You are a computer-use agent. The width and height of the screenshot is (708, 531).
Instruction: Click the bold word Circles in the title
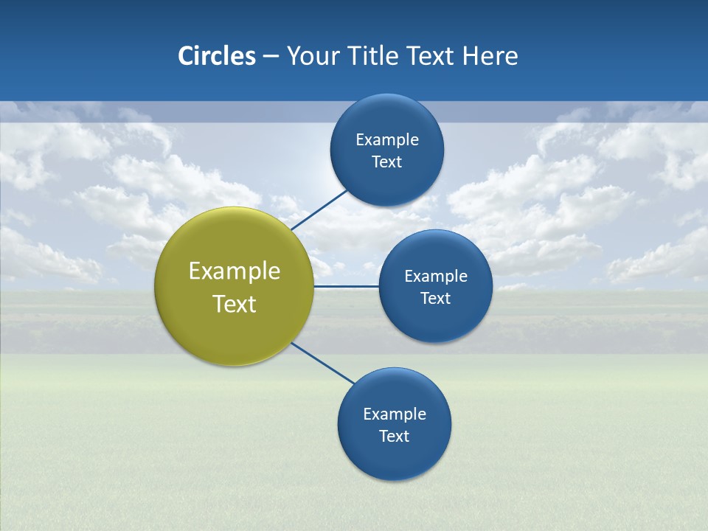216,56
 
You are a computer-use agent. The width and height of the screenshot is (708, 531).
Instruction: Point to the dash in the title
271,57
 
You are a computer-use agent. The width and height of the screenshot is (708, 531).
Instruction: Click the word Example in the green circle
235,271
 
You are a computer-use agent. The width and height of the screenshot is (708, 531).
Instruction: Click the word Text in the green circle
235,304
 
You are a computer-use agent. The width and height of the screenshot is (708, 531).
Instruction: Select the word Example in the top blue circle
387,140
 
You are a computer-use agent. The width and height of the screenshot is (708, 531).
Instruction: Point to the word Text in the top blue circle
386,162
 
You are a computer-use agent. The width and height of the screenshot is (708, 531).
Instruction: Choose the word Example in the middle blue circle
436,277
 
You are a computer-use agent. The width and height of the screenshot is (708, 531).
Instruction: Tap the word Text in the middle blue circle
435,299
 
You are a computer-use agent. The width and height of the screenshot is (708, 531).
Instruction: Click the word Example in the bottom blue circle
395,414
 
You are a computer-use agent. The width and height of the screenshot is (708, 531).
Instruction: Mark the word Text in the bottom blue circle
394,437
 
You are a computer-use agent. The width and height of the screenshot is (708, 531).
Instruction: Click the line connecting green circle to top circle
319,209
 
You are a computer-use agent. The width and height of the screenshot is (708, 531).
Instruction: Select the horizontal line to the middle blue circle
347,286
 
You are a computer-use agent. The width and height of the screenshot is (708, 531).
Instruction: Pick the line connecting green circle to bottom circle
323,363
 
